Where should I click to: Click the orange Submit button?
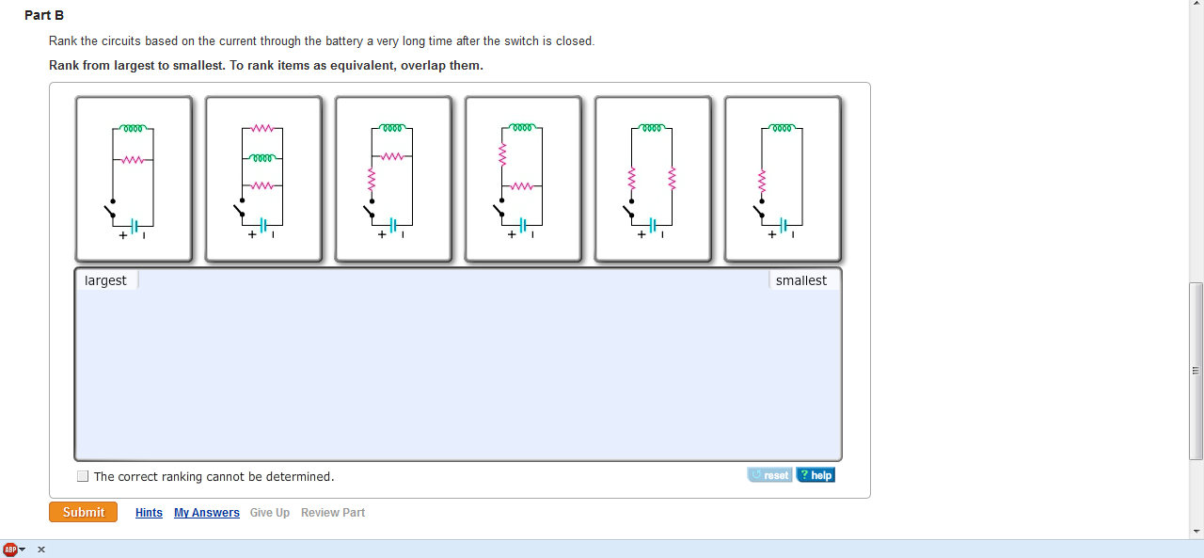83,512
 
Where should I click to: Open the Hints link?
149,513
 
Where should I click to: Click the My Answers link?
207,513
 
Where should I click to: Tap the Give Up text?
270,513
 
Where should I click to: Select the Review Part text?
333,513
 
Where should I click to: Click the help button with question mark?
816,475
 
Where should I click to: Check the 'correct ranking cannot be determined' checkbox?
83,476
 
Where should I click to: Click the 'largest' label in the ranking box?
105,280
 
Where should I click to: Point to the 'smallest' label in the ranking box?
801,280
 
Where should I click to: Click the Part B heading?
44,16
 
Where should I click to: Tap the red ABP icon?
10,549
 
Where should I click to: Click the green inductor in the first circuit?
133,128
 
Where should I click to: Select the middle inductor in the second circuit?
262,158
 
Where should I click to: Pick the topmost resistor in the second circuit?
262,128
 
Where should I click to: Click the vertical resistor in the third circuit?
372,177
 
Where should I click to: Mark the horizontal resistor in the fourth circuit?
522,186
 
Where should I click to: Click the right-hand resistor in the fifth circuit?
672,177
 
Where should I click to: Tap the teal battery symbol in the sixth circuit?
783,226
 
